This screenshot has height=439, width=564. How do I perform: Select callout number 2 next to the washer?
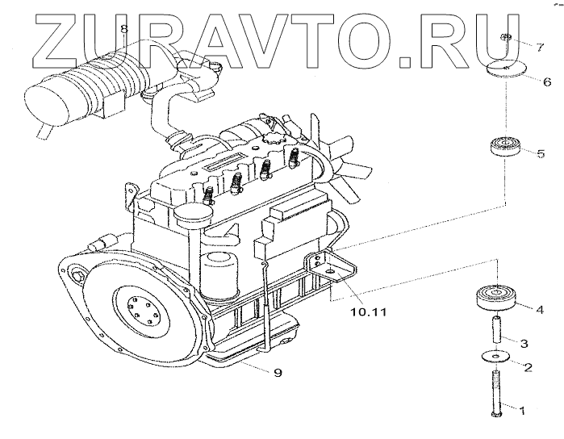tap(527, 369)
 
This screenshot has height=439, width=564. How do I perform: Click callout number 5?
tap(541, 152)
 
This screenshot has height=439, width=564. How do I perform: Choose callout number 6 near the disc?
tap(546, 82)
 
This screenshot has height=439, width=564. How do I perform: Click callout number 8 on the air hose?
tap(123, 30)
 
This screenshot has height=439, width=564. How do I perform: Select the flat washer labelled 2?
tap(494, 356)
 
